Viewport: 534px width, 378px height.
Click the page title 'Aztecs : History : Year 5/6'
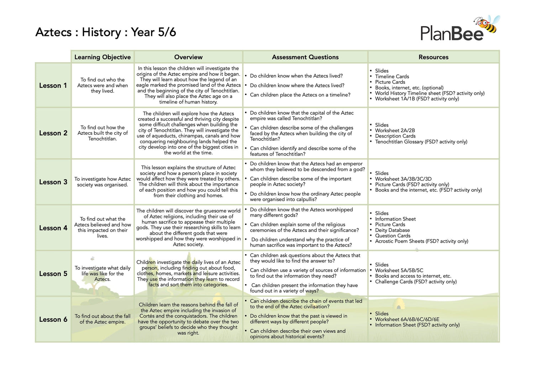(x=106, y=32)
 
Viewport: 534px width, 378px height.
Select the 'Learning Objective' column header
(x=103, y=57)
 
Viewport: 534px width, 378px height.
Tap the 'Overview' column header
(x=188, y=57)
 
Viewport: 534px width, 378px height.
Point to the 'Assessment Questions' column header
(x=305, y=57)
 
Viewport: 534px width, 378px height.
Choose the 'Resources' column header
(x=433, y=57)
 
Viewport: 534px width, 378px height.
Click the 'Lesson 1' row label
(x=53, y=86)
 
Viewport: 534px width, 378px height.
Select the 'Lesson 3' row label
(x=53, y=182)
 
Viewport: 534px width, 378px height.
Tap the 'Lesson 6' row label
(x=53, y=320)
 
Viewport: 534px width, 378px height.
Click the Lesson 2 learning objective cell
(x=103, y=133)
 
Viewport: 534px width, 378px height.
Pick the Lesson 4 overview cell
(x=188, y=228)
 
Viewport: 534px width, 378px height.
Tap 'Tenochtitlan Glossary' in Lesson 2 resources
(x=399, y=142)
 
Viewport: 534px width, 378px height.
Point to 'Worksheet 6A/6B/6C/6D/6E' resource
(x=407, y=319)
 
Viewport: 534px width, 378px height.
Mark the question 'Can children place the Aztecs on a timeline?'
(x=300, y=95)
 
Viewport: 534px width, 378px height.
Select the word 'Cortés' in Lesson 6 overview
(x=147, y=316)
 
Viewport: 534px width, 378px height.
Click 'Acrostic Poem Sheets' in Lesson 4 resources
(x=400, y=241)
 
